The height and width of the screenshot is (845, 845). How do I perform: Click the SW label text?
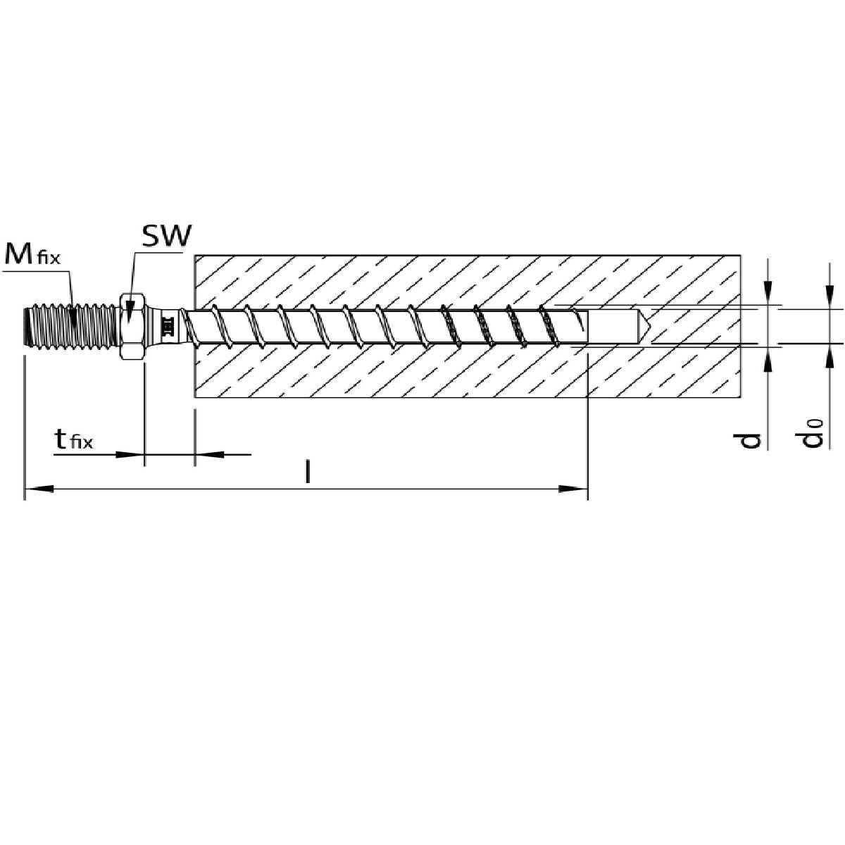167,236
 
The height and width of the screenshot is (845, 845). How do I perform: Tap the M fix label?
32,254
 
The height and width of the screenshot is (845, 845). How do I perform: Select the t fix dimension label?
74,439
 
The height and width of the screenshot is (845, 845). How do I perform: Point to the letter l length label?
308,471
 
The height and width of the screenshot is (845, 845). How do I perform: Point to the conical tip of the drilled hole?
644,327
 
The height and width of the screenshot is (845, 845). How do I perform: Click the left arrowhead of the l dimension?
39,489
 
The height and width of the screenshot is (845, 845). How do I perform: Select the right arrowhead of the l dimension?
572,489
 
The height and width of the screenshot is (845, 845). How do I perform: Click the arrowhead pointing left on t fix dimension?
209,455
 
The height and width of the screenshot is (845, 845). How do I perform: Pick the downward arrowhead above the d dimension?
768,291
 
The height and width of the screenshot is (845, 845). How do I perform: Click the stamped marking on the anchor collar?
168,327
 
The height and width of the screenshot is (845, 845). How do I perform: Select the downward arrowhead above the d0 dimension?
830,296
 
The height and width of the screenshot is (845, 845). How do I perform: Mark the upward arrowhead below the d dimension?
768,361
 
